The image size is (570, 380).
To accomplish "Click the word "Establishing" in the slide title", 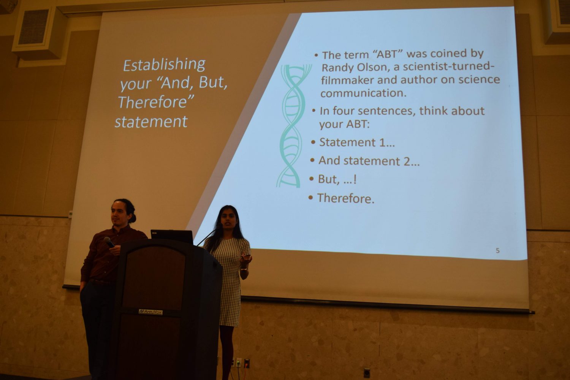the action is [x=164, y=65].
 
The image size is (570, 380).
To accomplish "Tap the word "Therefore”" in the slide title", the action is [x=156, y=102].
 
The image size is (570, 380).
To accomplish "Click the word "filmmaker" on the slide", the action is [x=347, y=80].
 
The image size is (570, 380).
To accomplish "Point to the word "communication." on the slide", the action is [x=363, y=93].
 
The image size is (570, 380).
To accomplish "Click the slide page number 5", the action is [x=497, y=251].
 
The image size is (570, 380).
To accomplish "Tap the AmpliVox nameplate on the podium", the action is [x=150, y=312].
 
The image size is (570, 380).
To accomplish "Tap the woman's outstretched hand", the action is [x=245, y=260].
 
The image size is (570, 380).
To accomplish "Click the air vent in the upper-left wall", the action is [x=34, y=27].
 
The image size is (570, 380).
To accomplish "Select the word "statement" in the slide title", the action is [x=151, y=122].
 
